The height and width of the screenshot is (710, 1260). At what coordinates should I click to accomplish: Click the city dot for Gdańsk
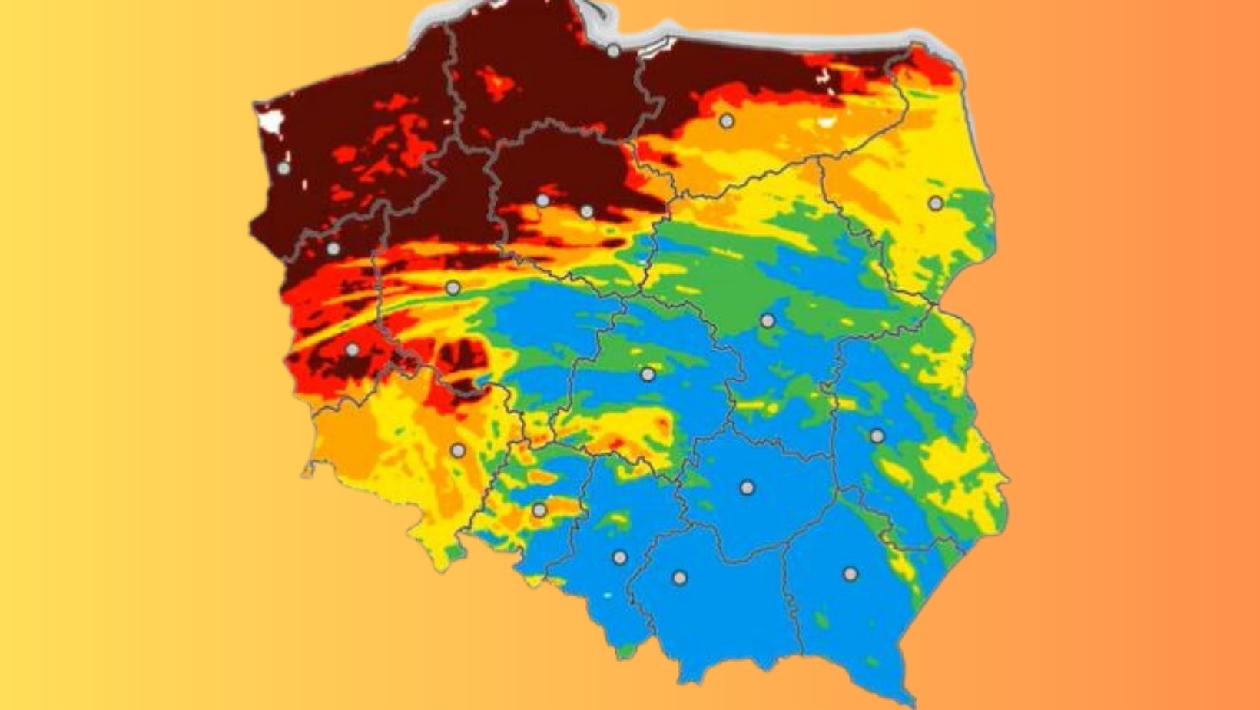[x=613, y=51]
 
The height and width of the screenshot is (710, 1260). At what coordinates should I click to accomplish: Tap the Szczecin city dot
[x=284, y=168]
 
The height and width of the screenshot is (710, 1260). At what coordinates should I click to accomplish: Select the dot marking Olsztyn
[x=726, y=121]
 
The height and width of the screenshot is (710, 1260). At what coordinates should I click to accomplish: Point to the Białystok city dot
[x=935, y=204]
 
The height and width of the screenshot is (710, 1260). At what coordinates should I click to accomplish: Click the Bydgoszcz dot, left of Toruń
[x=542, y=201]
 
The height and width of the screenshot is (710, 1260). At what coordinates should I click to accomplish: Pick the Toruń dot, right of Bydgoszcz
[x=587, y=211]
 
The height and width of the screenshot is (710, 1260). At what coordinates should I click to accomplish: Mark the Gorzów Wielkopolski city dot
[x=333, y=249]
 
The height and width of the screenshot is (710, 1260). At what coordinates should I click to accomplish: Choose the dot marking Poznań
[x=453, y=288]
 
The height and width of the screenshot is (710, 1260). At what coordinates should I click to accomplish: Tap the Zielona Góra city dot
[x=352, y=350]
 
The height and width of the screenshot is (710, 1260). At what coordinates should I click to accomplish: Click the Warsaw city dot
[x=768, y=320]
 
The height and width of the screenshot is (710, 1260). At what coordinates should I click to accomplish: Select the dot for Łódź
[x=648, y=375]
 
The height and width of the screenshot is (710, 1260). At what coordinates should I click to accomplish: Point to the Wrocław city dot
[x=458, y=450]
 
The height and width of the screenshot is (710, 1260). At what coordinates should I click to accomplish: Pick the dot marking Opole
[x=539, y=510]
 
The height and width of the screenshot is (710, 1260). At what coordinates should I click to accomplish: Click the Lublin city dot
[x=877, y=436]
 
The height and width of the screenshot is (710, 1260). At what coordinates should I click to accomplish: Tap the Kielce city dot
[x=747, y=487]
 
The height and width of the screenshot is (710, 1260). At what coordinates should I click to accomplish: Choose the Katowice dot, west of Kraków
[x=619, y=558]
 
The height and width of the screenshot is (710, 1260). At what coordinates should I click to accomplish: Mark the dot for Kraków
[x=679, y=578]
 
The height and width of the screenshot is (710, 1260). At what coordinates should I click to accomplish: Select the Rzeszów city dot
[x=850, y=574]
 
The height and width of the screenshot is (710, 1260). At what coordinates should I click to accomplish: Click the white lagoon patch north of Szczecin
[x=271, y=121]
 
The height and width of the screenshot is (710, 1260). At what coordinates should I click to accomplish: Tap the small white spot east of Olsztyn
[x=826, y=121]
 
